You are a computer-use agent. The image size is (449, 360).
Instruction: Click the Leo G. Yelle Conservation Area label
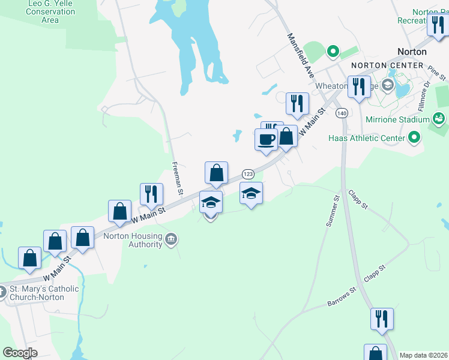point(51,11)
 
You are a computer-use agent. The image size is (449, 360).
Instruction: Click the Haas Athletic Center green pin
point(414,139)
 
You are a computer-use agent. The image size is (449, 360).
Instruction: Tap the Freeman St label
point(177,178)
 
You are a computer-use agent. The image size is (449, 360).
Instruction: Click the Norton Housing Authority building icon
point(172,240)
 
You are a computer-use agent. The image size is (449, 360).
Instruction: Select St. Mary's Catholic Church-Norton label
point(44,293)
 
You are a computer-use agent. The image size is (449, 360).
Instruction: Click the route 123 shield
point(248,173)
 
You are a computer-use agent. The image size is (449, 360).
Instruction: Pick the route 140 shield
point(342,113)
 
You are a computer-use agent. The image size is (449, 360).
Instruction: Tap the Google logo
point(20,353)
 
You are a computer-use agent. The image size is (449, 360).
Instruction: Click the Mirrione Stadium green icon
point(439,119)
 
